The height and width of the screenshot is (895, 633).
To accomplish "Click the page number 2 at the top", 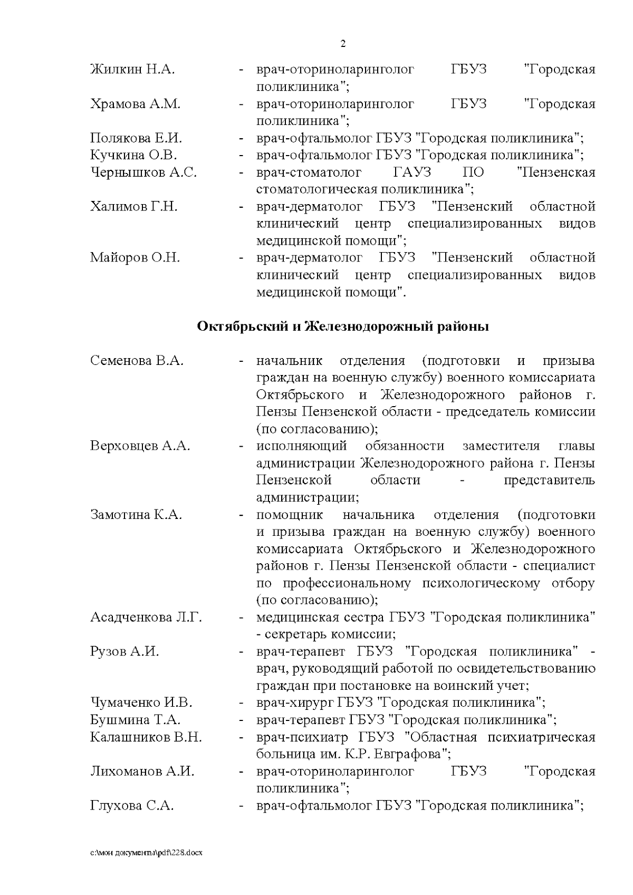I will [x=343, y=44].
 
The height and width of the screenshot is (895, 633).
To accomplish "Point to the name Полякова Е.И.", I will [x=136, y=138].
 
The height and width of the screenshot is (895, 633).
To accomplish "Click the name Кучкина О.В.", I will [x=133, y=155].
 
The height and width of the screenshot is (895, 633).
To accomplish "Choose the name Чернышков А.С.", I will [x=143, y=172].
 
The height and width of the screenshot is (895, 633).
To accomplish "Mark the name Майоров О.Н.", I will [x=135, y=258].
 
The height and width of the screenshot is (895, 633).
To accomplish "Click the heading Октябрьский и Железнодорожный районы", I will [x=343, y=326].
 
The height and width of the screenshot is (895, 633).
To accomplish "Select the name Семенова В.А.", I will [x=137, y=361].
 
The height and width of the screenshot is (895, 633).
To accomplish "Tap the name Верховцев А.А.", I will [x=140, y=446].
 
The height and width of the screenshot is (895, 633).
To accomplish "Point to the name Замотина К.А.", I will [x=136, y=515].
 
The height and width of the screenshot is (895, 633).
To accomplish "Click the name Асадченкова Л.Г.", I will [x=146, y=617].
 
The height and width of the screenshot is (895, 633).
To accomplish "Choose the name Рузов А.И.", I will [x=124, y=651].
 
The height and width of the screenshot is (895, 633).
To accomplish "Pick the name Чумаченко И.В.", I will [x=141, y=702].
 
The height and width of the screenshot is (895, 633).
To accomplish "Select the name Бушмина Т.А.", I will [x=135, y=720].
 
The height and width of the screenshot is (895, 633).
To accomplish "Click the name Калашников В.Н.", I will [x=146, y=737].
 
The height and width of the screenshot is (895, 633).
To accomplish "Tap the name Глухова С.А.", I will [x=132, y=806].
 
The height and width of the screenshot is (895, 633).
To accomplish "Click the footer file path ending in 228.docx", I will [x=146, y=852].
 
